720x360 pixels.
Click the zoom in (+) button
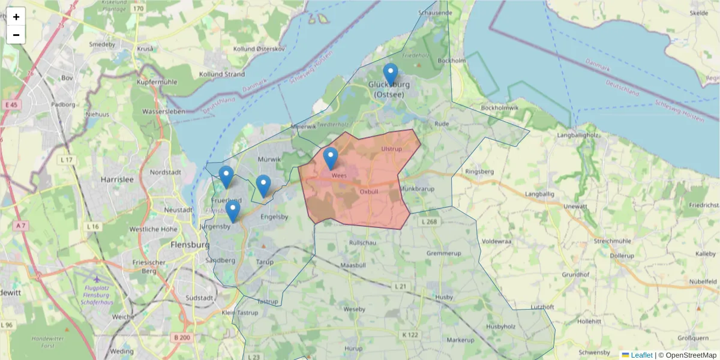[x=16, y=17]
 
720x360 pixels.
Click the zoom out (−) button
[x=16, y=35]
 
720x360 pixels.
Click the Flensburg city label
[x=190, y=245]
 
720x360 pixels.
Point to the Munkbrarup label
[x=416, y=188]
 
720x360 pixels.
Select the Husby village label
[x=444, y=296]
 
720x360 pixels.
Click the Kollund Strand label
[x=223, y=74]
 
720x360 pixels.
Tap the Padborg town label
[x=63, y=104]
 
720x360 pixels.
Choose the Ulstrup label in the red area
[x=391, y=148]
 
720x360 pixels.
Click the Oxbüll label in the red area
[x=368, y=191]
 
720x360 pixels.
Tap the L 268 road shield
[x=430, y=222]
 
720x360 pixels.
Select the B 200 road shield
[x=182, y=338]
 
